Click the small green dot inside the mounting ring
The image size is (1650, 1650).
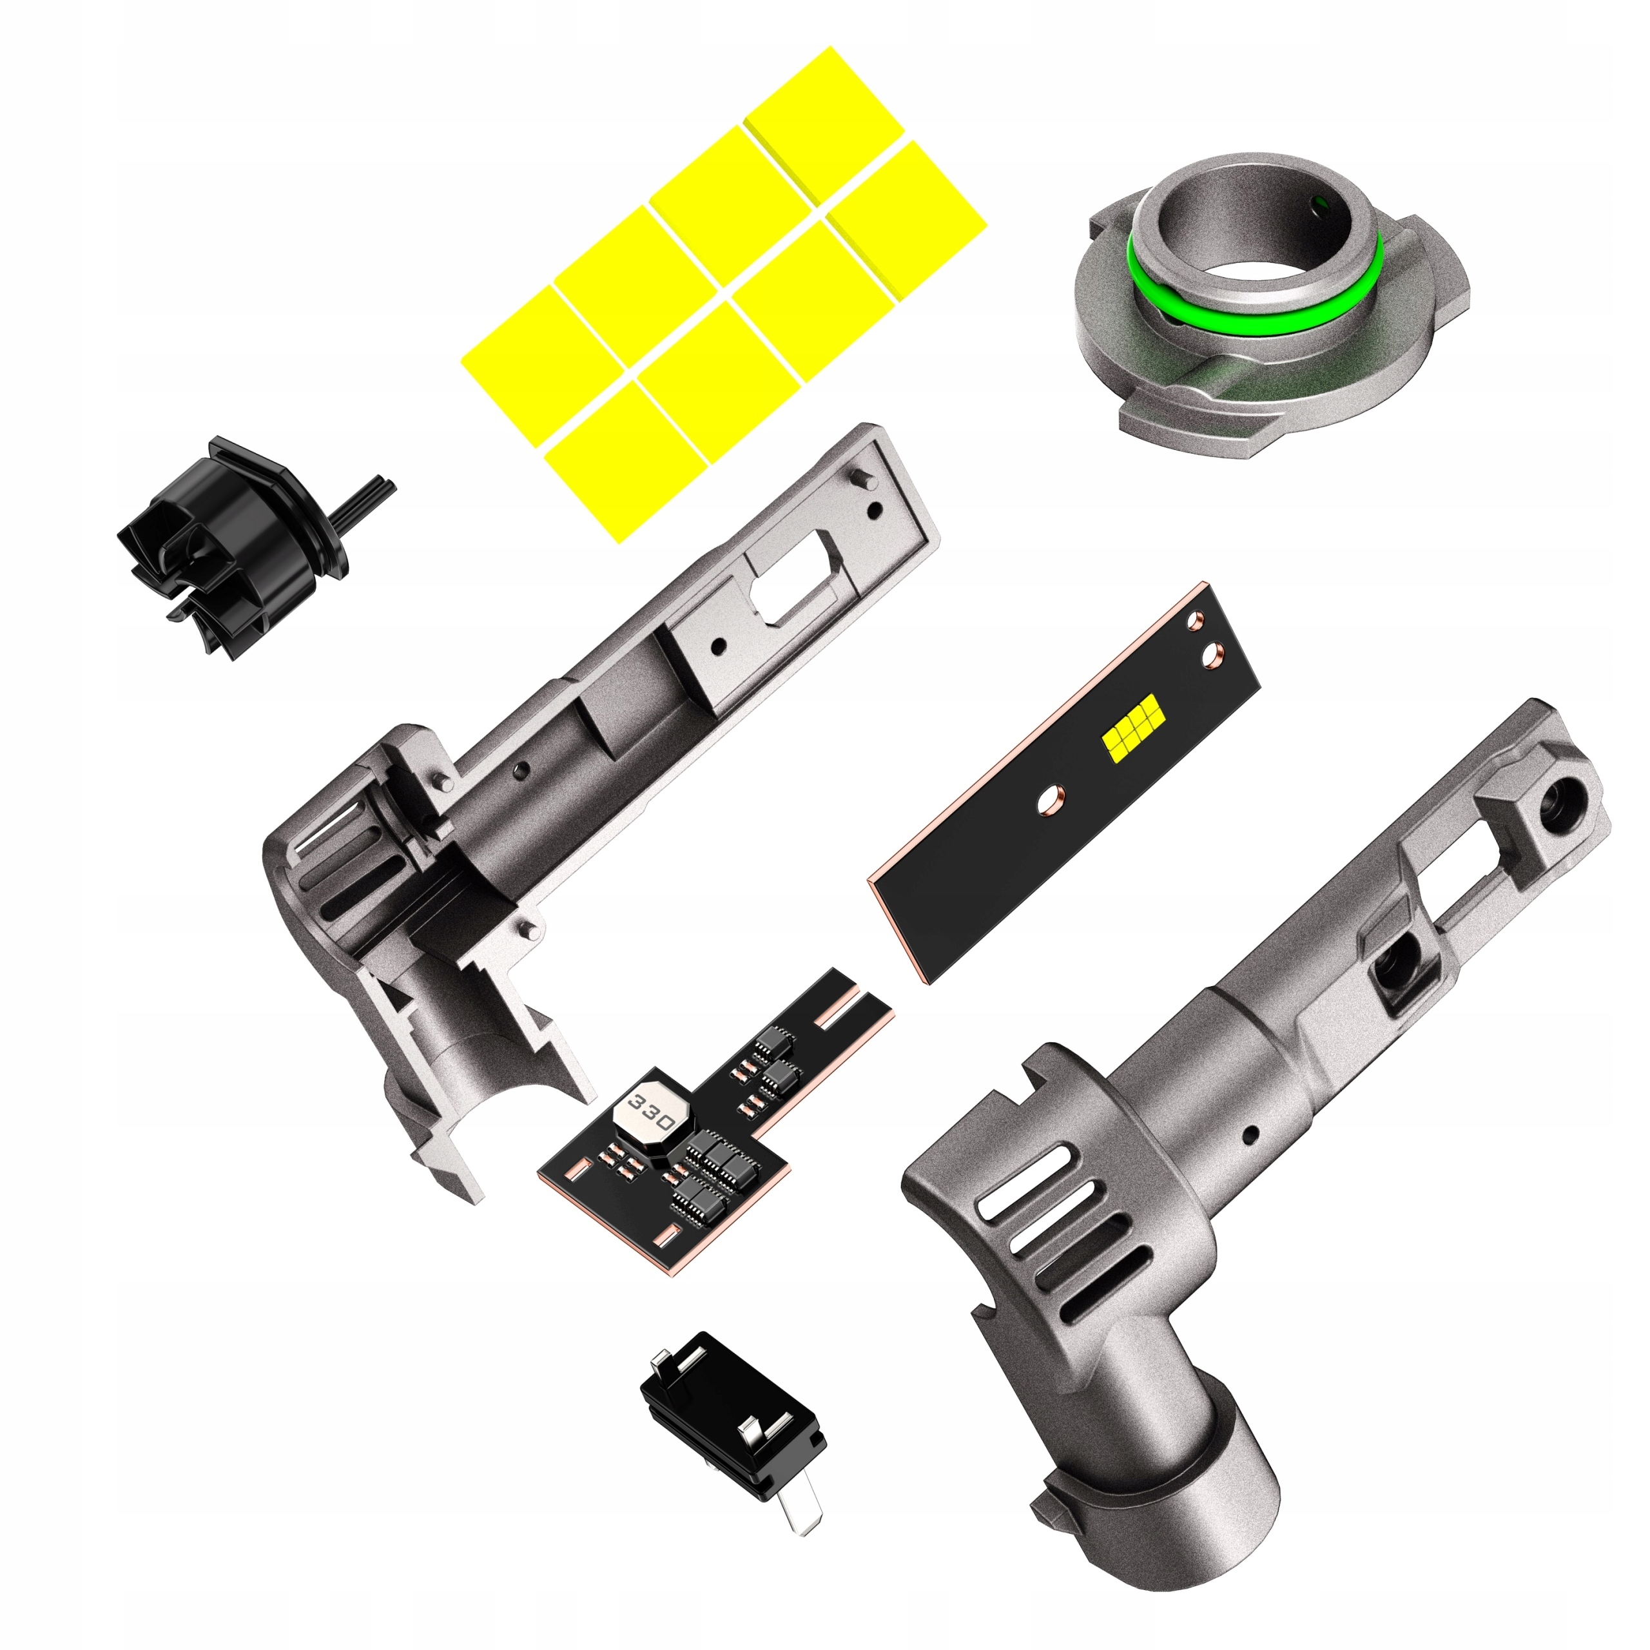[1321, 202]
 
